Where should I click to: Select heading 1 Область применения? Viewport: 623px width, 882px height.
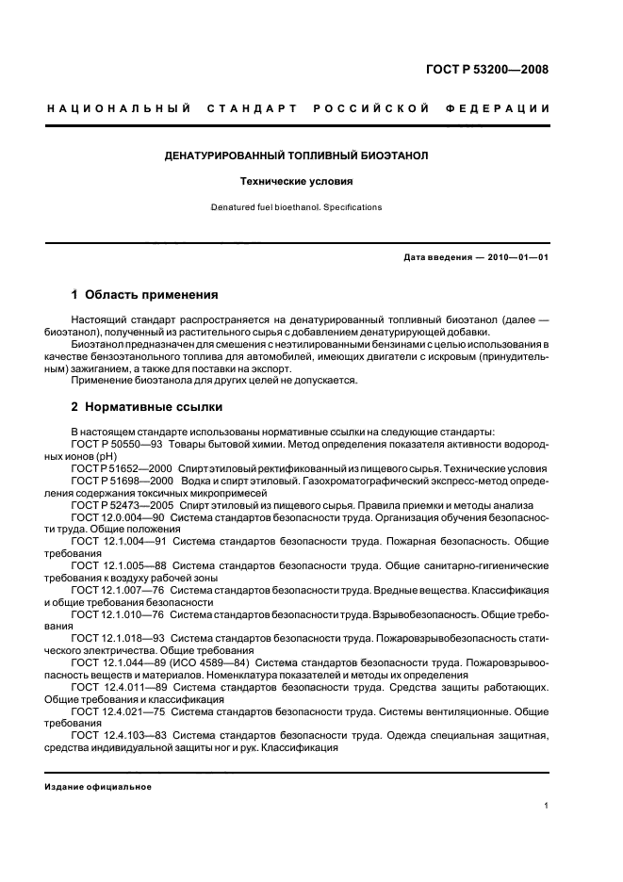(x=145, y=294)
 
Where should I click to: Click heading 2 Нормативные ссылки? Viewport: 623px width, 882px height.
(x=147, y=407)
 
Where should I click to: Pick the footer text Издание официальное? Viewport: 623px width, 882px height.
(x=99, y=787)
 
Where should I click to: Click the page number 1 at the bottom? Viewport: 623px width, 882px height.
(x=547, y=806)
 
